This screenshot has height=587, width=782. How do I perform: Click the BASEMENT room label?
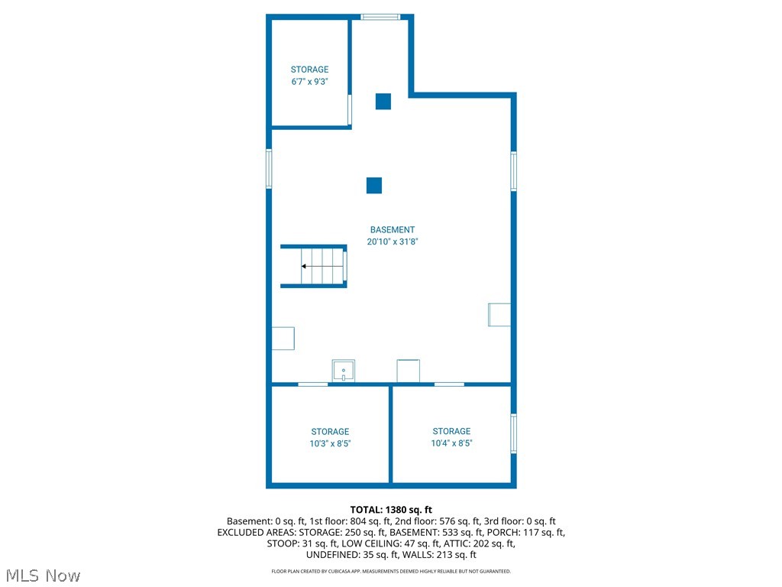click(x=393, y=229)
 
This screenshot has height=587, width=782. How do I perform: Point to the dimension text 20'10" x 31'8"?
click(x=393, y=242)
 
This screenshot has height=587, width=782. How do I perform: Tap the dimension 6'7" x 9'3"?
click(x=309, y=82)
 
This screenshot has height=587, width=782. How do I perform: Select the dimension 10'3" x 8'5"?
click(x=330, y=443)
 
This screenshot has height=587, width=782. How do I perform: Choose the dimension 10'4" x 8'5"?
click(x=451, y=443)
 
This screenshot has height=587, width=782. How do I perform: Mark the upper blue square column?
click(x=383, y=101)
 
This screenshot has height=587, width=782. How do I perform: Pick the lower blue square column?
click(x=374, y=185)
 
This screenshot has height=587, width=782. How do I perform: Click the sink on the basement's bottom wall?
click(x=344, y=371)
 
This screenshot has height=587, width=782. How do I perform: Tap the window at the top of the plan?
click(x=380, y=16)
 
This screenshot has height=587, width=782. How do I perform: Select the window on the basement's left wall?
click(x=269, y=168)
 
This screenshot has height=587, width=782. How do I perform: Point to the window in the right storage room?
click(x=514, y=433)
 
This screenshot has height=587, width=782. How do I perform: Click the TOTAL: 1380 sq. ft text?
click(x=391, y=509)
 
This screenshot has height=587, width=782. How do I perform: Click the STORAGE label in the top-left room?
click(x=309, y=70)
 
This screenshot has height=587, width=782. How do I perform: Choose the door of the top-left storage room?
click(x=350, y=110)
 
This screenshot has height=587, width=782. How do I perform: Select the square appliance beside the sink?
click(x=409, y=371)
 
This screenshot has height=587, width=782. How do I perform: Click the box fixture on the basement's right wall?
click(x=499, y=315)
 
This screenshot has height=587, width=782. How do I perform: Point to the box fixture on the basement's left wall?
click(x=283, y=338)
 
